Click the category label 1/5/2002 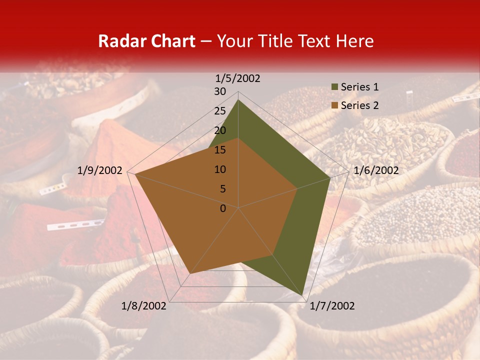point(238,78)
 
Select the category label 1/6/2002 point(376,170)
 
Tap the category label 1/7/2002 point(332,306)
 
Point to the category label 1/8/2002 point(144,306)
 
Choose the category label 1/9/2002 point(100,170)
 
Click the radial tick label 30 point(220,91)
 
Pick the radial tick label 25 point(220,111)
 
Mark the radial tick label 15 point(220,150)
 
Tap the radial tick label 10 point(220,169)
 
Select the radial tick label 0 point(223,208)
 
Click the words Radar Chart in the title point(146,41)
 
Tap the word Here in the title point(355,41)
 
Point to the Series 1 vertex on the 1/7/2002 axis point(303,295)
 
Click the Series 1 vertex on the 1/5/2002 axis point(238,99)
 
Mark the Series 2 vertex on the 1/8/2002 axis point(190,273)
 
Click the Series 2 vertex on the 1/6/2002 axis point(297,188)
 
